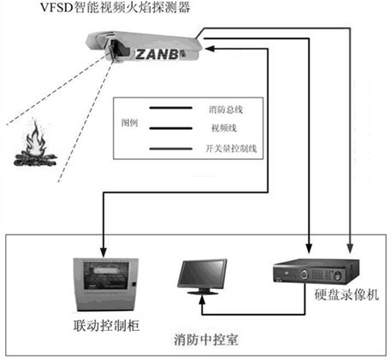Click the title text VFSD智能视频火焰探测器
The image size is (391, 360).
pyautogui.click(x=115, y=7)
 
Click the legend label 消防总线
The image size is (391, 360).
pyautogui.click(x=226, y=109)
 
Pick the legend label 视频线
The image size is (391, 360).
pyautogui.click(x=224, y=128)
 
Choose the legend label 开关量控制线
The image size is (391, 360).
pyautogui.click(x=231, y=148)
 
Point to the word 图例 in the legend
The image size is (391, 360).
pyautogui.click(x=130, y=122)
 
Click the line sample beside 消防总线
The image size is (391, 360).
pyautogui.click(x=171, y=108)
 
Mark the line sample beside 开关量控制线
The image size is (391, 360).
pyautogui.click(x=171, y=149)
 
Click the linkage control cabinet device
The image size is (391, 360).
pyautogui.click(x=105, y=284)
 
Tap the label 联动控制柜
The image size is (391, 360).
pyautogui.click(x=106, y=326)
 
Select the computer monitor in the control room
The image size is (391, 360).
pyautogui.click(x=202, y=276)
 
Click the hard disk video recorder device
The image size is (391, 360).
pyautogui.click(x=316, y=271)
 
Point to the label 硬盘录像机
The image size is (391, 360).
pyautogui.click(x=347, y=294)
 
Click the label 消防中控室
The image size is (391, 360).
pyautogui.click(x=206, y=339)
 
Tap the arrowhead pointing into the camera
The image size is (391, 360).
pyautogui.click(x=210, y=49)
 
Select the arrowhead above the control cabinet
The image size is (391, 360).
pyautogui.click(x=104, y=252)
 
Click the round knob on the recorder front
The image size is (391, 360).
pyautogui.click(x=305, y=274)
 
